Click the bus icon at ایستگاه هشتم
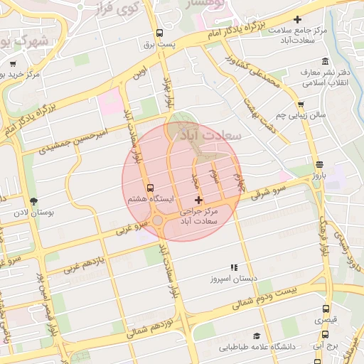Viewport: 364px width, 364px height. click(149, 188)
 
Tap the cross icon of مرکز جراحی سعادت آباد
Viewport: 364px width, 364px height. click(198, 200)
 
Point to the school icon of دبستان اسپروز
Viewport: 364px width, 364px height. click(234, 268)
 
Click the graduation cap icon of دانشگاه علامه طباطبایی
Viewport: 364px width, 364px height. click(256, 336)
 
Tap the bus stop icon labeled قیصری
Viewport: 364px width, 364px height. click(326, 309)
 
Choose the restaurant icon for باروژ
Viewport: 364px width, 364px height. click(318, 163)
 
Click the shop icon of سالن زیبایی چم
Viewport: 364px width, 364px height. click(302, 104)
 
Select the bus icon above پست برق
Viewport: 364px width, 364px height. click(159, 33)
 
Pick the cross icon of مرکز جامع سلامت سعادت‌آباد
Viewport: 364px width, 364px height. click(297, 19)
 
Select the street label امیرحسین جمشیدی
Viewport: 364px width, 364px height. click(72, 140)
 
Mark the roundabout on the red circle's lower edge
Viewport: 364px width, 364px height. click(158, 221)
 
